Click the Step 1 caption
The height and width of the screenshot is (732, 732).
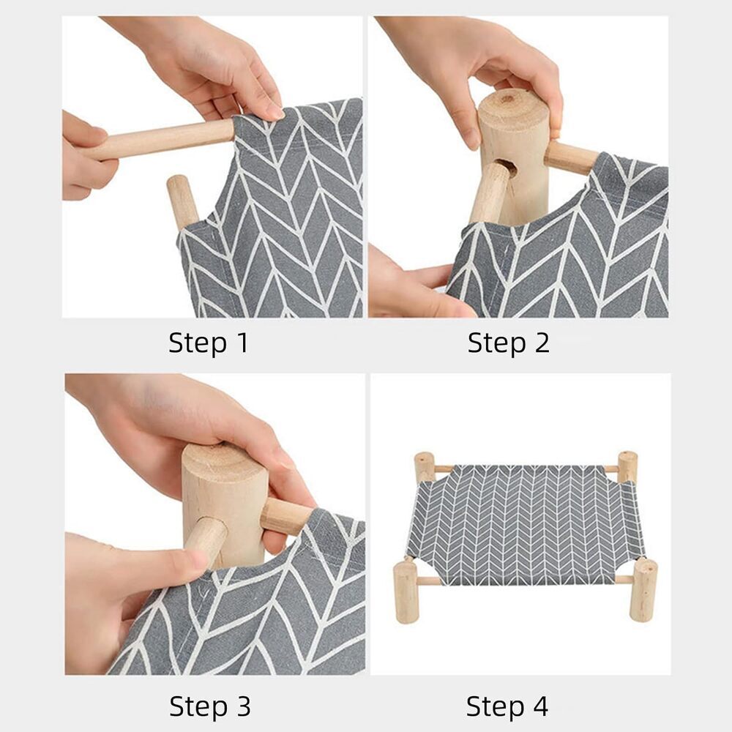click(209, 343)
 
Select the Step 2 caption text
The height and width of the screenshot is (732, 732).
click(508, 343)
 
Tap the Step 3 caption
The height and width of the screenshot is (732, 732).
click(209, 706)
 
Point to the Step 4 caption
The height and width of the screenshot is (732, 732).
click(507, 706)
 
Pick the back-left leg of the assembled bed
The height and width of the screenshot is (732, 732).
click(425, 467)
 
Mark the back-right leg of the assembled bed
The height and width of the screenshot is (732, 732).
click(627, 466)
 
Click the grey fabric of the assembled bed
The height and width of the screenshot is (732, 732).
click(526, 523)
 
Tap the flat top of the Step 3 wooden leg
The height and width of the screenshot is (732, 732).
click(223, 457)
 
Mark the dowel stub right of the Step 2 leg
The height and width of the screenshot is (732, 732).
click(571, 157)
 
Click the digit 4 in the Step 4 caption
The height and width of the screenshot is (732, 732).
click(539, 706)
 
